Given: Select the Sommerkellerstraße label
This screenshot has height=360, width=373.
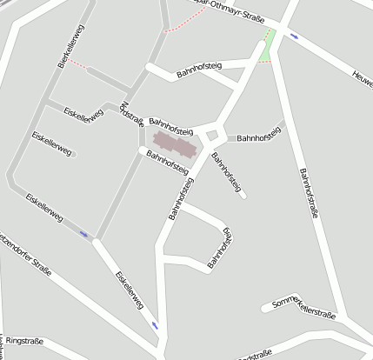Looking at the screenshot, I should click(x=303, y=306).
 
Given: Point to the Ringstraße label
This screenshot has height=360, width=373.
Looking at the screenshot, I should click(x=23, y=341).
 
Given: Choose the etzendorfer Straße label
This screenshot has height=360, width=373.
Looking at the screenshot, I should click(x=26, y=254).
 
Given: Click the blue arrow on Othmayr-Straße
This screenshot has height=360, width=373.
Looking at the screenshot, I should click(x=296, y=37).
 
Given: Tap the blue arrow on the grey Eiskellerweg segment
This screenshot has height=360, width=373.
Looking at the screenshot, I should click(x=84, y=233).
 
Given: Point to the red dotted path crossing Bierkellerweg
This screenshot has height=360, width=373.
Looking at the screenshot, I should click(x=79, y=64).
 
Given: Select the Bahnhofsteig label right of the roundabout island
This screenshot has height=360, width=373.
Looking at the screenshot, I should click(x=259, y=137).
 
